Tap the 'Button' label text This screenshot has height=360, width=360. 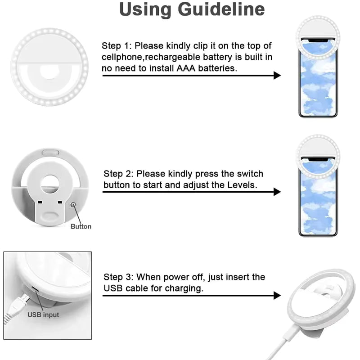[81, 226]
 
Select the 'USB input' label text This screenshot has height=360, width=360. [43, 315]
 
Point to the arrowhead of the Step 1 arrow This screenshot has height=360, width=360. [277, 75]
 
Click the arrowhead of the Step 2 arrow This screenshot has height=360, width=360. [277, 192]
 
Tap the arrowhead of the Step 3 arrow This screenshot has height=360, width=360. [277, 295]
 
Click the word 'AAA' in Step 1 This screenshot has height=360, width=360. [203, 68]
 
